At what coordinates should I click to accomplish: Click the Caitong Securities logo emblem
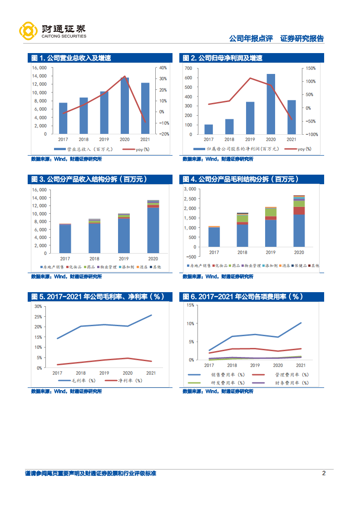pyautogui.click(x=28, y=31)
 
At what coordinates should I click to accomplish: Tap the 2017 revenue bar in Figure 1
pyautogui.click(x=63, y=118)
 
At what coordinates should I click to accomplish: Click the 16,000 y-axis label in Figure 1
pyautogui.click(x=39, y=68)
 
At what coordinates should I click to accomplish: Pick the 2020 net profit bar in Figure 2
pyautogui.click(x=271, y=104)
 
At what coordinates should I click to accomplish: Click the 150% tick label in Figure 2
pyautogui.click(x=311, y=68)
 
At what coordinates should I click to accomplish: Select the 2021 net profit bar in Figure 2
pyautogui.click(x=291, y=117)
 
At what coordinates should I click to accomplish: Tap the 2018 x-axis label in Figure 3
pyautogui.click(x=94, y=257)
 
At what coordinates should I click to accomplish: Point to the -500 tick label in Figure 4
pyautogui.click(x=191, y=247)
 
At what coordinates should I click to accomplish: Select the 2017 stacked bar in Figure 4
pyautogui.click(x=214, y=236)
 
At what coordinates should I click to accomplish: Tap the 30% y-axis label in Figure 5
pyautogui.click(x=38, y=306)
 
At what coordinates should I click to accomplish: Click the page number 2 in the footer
pyautogui.click(x=324, y=473)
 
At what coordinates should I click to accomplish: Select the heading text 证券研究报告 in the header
pyautogui.click(x=302, y=39)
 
